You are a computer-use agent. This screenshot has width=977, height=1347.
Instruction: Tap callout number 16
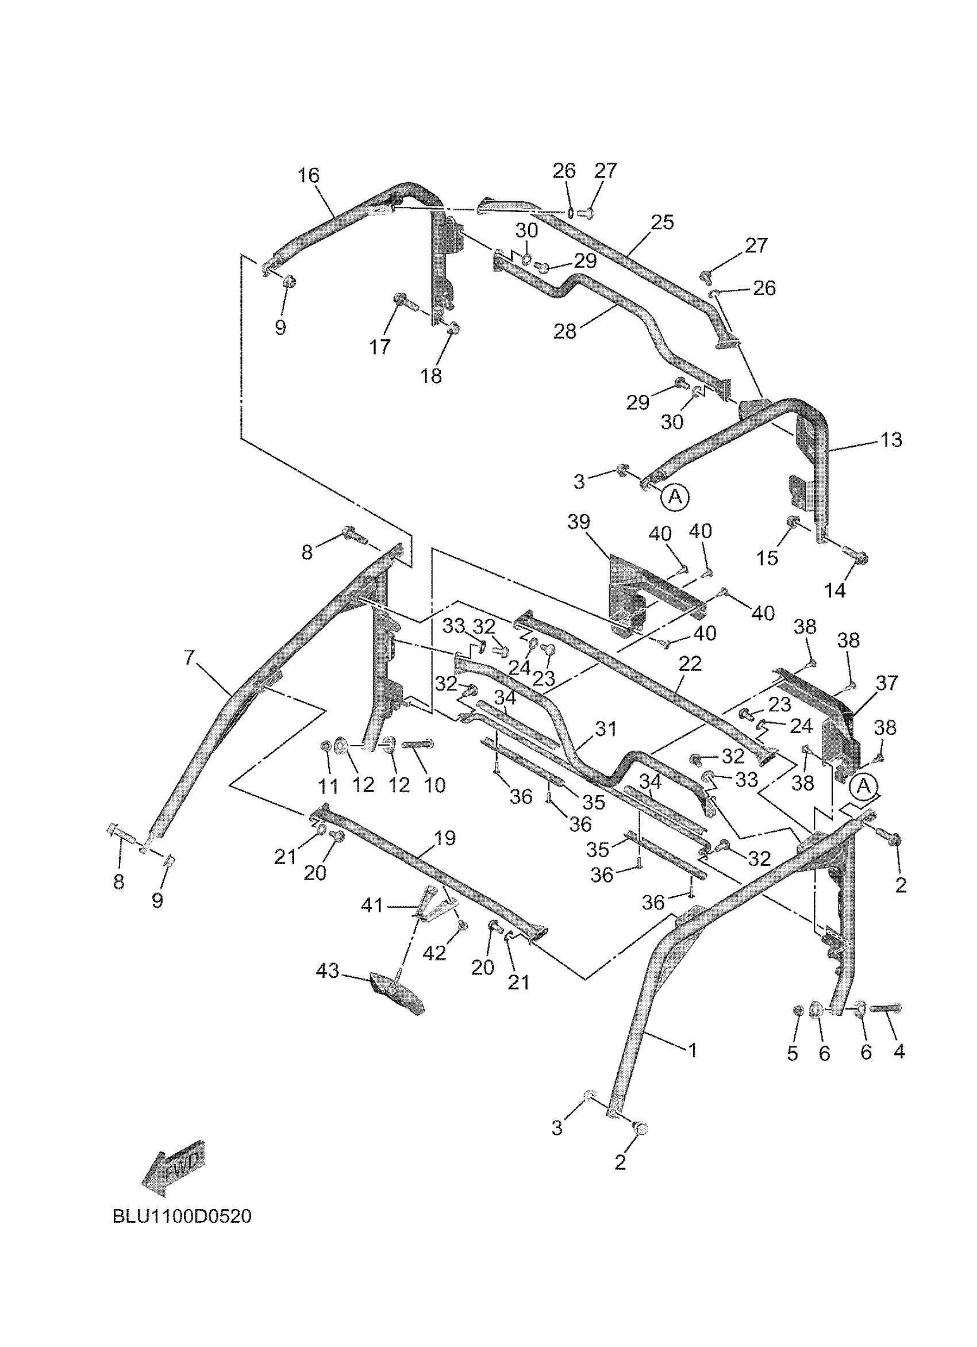(x=308, y=176)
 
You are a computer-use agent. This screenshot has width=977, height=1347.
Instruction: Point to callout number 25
(x=663, y=222)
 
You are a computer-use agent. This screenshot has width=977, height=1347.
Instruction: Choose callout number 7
(x=189, y=658)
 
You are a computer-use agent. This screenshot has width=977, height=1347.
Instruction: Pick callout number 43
(x=327, y=970)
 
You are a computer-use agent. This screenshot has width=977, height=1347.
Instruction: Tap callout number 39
(x=579, y=522)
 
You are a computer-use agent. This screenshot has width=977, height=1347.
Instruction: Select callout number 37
(x=887, y=683)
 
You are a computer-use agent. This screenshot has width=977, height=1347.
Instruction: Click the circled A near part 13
(x=675, y=496)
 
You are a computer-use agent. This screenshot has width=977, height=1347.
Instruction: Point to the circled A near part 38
(x=864, y=786)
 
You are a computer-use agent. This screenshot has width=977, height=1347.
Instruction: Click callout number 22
(x=690, y=664)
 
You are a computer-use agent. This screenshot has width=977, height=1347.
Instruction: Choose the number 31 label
(x=605, y=729)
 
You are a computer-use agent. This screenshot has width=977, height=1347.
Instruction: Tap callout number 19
(x=445, y=838)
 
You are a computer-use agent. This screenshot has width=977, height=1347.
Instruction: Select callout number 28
(x=564, y=331)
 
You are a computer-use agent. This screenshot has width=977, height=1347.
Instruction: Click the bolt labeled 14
(x=856, y=557)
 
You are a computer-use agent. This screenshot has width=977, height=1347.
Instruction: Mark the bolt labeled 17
(x=402, y=301)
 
